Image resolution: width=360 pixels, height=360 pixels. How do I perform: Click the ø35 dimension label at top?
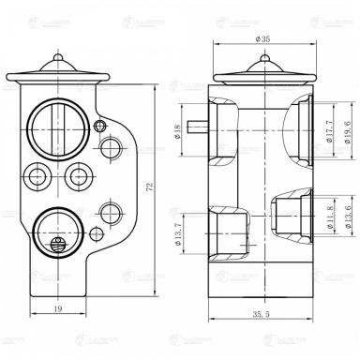point(262,40)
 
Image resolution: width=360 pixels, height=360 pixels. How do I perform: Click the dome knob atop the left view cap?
point(59,62)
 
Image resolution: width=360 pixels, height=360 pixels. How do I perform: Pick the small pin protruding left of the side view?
point(198,124)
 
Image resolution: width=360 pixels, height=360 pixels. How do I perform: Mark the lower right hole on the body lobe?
point(113,207)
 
